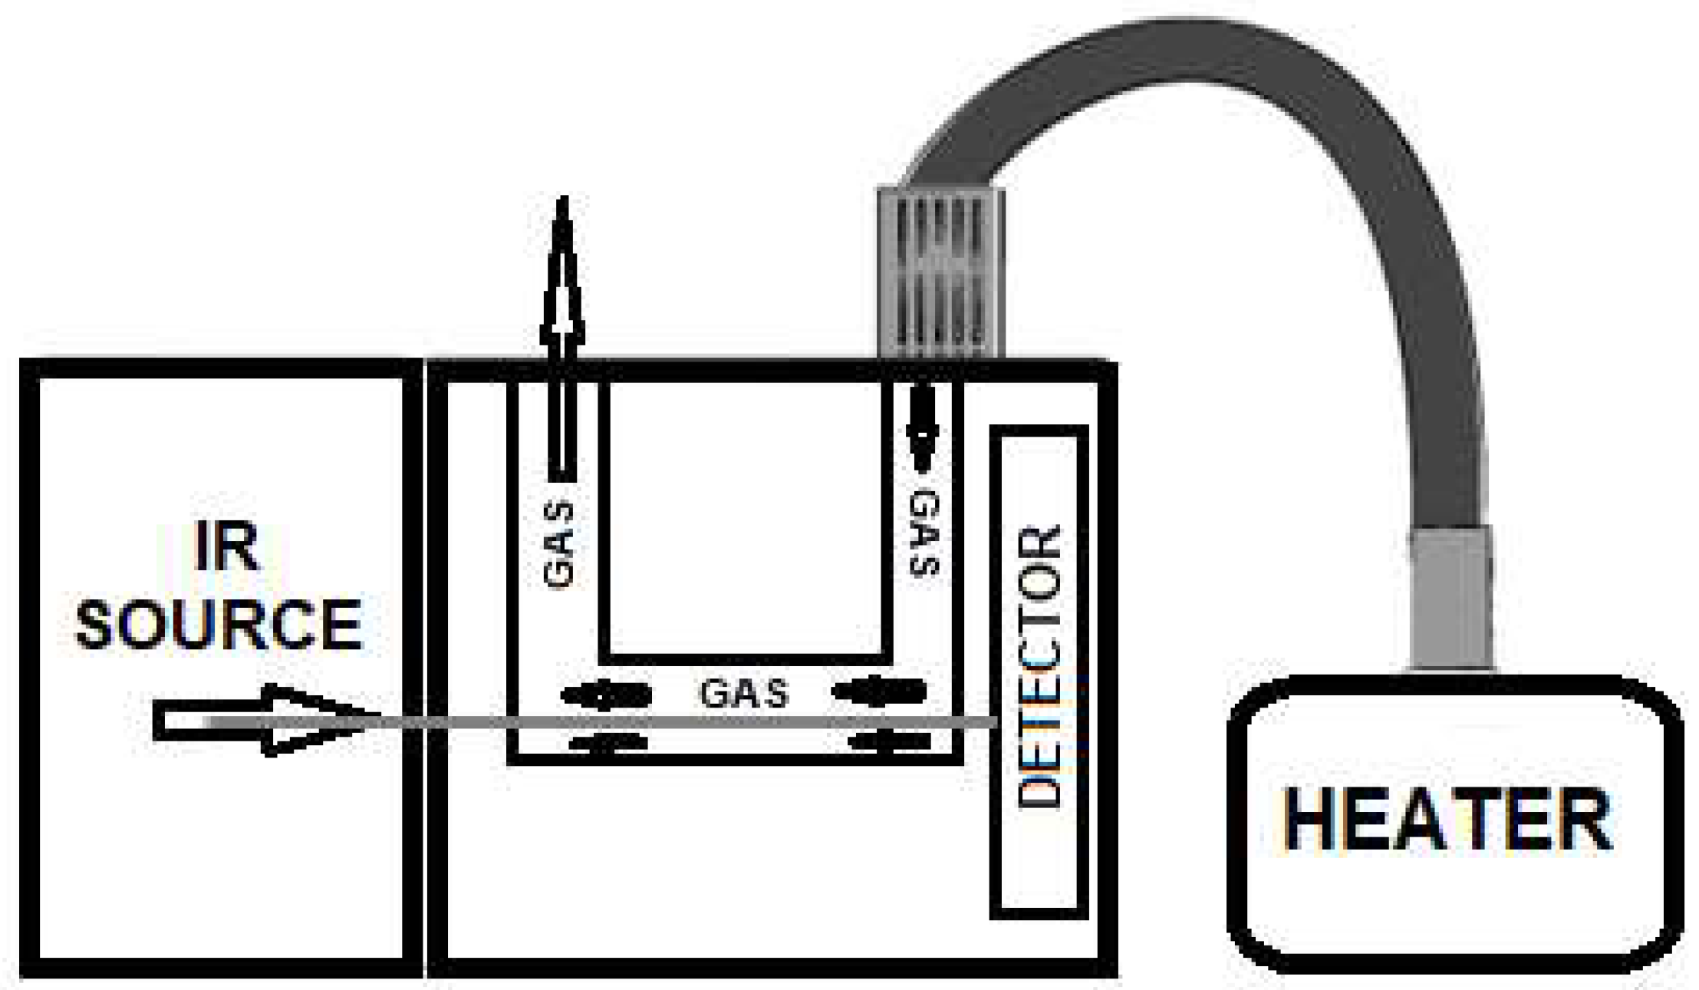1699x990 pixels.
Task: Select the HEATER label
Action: click(x=1447, y=820)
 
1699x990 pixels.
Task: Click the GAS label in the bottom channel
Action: click(x=743, y=694)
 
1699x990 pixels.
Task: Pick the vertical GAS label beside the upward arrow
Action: click(x=559, y=545)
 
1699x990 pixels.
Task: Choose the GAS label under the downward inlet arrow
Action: click(x=924, y=533)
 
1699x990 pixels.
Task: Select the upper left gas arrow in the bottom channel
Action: click(x=606, y=695)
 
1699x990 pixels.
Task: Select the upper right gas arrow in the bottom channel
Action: click(x=879, y=692)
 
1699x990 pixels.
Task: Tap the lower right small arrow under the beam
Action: click(x=891, y=742)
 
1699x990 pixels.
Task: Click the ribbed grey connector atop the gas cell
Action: click(x=940, y=272)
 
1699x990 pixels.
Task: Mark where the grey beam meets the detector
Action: click(x=993, y=722)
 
